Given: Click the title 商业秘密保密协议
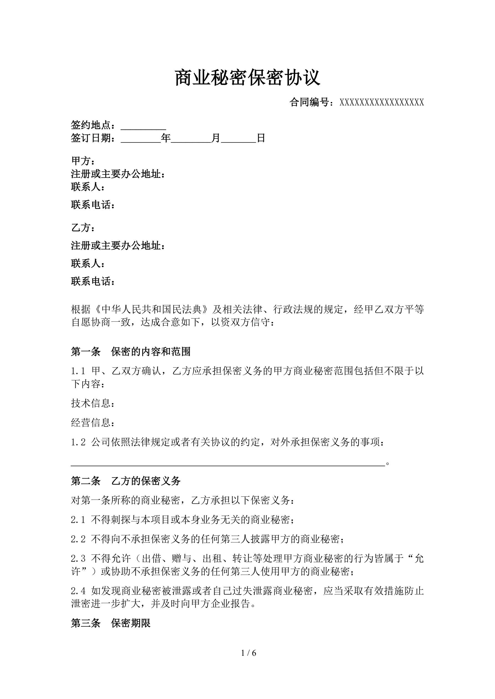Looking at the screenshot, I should click(247, 78).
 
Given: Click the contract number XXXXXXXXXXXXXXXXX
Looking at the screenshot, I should click(382, 103).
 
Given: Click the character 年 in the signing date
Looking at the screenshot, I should click(166, 138).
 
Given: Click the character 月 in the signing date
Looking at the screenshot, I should click(216, 138).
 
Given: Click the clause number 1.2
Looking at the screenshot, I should click(78, 442).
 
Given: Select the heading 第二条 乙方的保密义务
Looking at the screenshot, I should click(126, 481).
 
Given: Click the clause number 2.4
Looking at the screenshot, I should click(78, 591).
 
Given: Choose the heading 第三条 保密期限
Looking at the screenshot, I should click(111, 623).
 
